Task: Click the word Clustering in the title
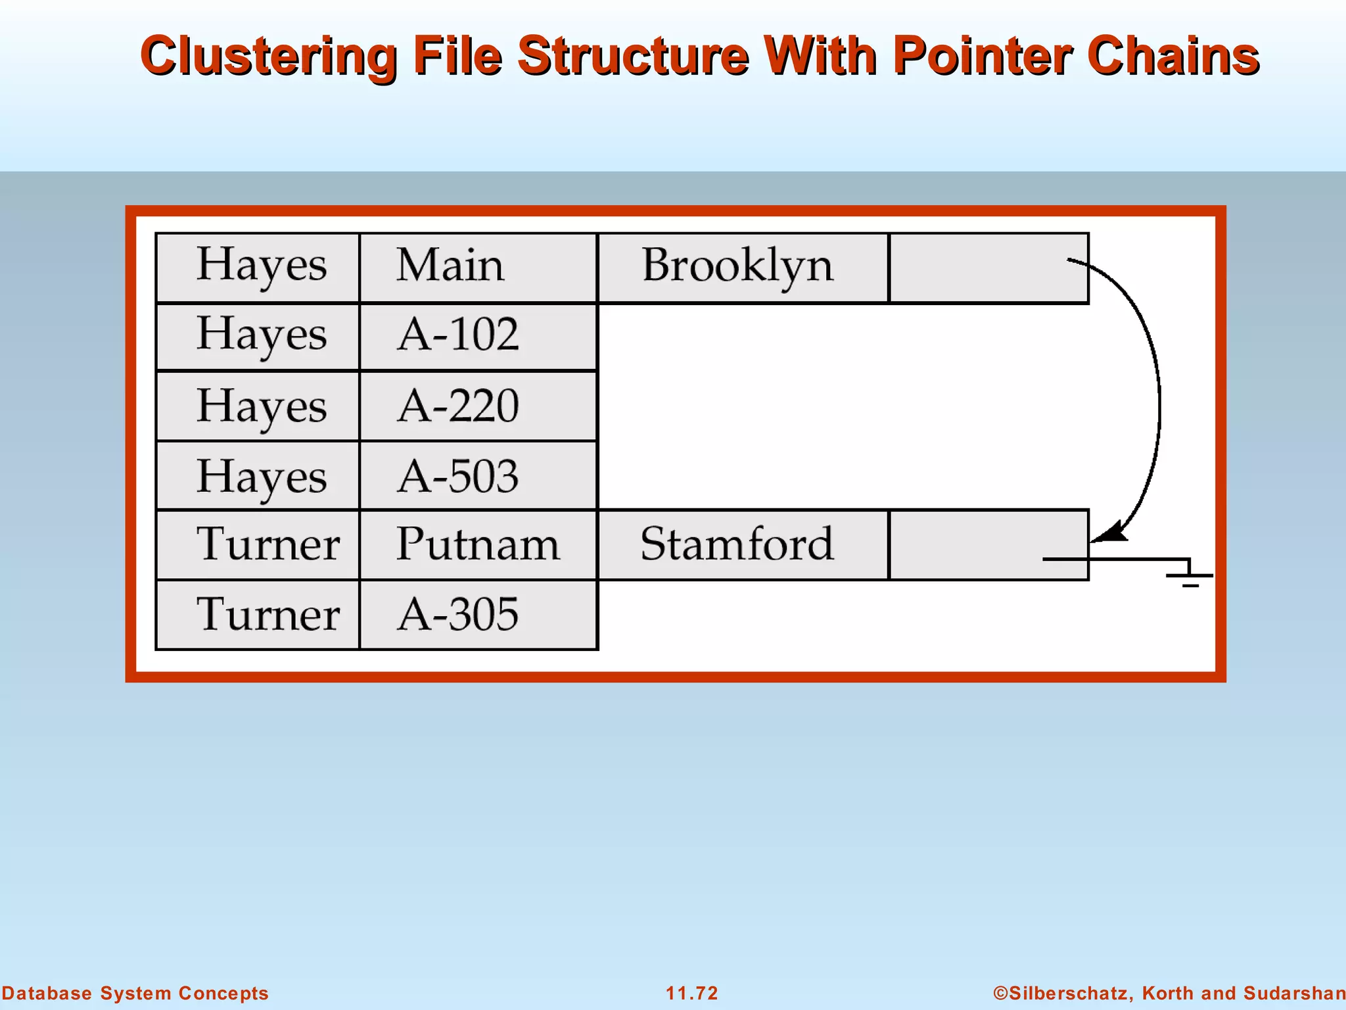[268, 57]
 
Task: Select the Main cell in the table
[478, 268]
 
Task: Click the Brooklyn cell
[743, 268]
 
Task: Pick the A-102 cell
[478, 337]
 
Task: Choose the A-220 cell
[478, 406]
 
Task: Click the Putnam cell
[478, 545]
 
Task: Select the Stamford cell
[743, 545]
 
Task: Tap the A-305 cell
[478, 615]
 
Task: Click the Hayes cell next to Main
[258, 268]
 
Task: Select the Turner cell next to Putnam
[258, 545]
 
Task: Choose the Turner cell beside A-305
[258, 615]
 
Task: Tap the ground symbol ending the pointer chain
[1190, 575]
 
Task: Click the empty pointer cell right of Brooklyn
[988, 268]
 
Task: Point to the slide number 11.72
[692, 993]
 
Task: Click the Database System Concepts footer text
[135, 993]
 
